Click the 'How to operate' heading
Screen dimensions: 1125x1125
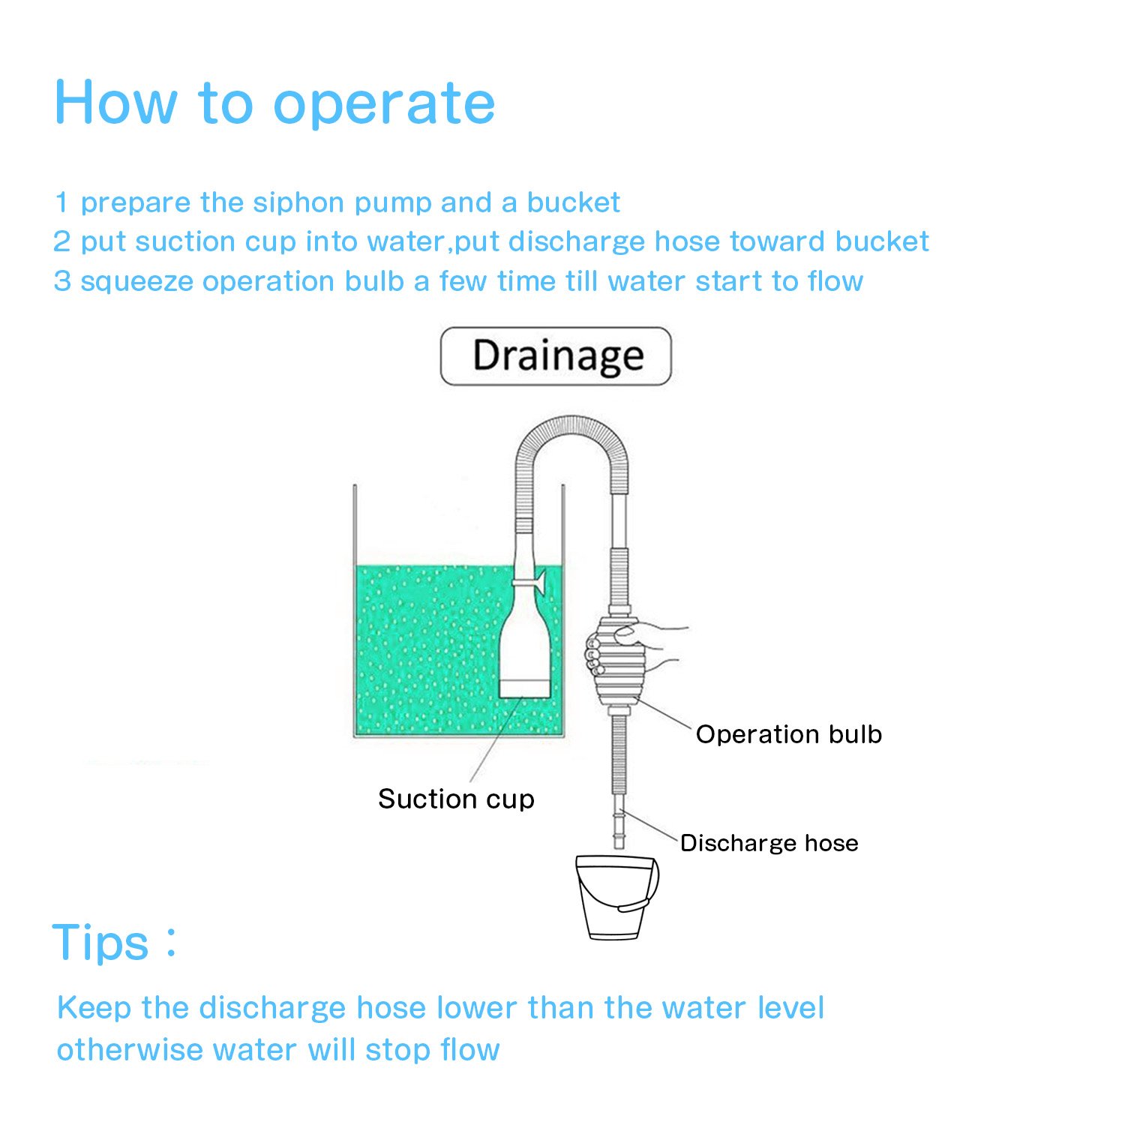click(x=274, y=103)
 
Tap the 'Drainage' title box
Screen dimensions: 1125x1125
click(x=556, y=356)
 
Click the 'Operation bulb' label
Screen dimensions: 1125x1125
click(x=788, y=734)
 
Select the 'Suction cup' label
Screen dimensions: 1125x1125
click(x=456, y=799)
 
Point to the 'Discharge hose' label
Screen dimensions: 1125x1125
click(x=769, y=843)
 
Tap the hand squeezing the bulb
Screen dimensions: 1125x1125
click(x=645, y=645)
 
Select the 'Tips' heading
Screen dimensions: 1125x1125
click(x=101, y=943)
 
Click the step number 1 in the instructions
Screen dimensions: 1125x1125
click(x=61, y=202)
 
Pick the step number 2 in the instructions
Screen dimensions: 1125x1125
click(x=61, y=241)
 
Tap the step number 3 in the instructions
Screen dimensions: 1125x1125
click(x=61, y=281)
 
